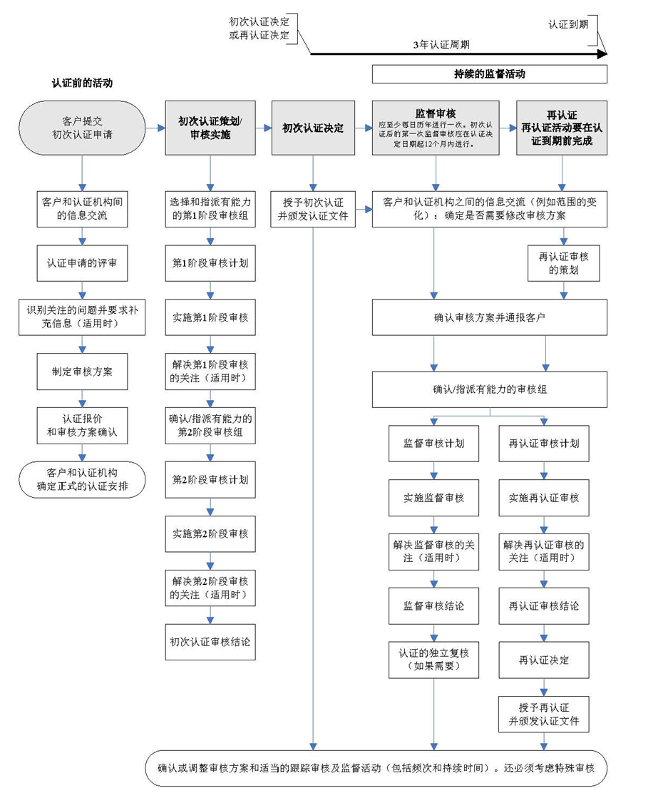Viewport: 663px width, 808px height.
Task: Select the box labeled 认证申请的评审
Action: click(82, 263)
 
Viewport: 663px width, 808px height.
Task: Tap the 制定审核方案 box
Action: click(82, 372)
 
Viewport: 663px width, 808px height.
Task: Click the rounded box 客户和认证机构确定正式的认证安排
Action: click(82, 479)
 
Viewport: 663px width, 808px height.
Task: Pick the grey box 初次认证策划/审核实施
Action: click(210, 128)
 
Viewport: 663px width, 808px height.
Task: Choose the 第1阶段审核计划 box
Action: click(210, 263)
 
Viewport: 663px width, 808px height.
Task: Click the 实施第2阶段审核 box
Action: click(210, 533)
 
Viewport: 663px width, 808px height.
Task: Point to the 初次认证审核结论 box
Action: click(210, 641)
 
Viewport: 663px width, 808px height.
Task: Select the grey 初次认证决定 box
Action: click(313, 128)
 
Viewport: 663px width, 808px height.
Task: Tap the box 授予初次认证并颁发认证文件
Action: click(313, 210)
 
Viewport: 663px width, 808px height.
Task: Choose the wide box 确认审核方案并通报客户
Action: click(489, 317)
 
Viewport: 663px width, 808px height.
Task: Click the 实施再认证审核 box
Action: click(544, 497)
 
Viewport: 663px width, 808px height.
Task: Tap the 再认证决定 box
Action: click(544, 660)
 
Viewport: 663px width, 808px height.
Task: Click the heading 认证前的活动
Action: click(82, 83)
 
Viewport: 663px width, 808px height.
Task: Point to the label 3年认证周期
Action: click(441, 44)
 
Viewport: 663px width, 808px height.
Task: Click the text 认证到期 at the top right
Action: click(568, 24)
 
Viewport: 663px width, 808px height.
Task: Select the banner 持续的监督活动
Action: click(489, 73)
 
